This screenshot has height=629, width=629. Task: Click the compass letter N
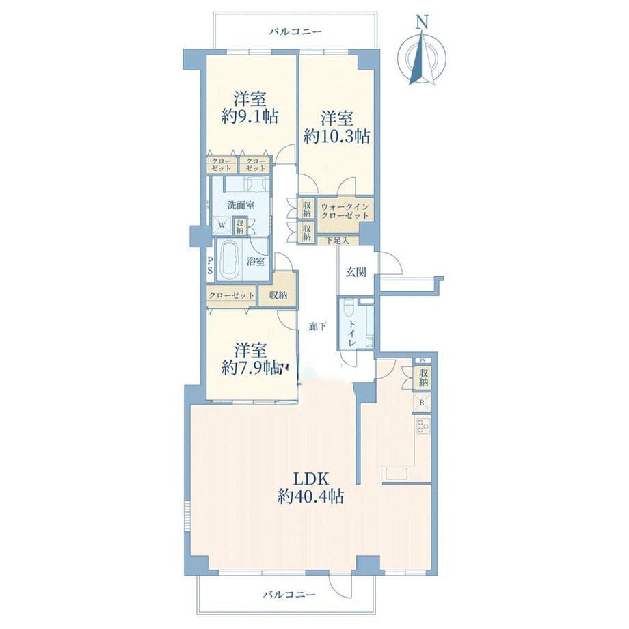point(421,22)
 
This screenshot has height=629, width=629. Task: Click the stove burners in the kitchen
point(423,426)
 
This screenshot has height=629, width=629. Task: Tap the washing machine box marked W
point(222,225)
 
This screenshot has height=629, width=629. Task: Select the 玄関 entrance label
point(356,272)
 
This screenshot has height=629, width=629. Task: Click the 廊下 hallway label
point(317,327)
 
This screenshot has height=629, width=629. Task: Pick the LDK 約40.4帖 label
point(310,488)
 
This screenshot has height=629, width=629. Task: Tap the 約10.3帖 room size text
point(336,137)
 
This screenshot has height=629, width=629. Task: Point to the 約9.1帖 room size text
point(250,117)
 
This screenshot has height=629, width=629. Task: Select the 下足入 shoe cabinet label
point(337,241)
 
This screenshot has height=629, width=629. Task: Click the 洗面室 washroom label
point(241,205)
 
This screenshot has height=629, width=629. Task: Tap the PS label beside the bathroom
point(210,265)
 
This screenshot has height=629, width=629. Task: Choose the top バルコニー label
point(295,31)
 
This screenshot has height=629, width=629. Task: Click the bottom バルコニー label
point(289,594)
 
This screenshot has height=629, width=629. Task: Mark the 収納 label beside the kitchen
point(424,377)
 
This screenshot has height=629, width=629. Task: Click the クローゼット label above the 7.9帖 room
point(231,295)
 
